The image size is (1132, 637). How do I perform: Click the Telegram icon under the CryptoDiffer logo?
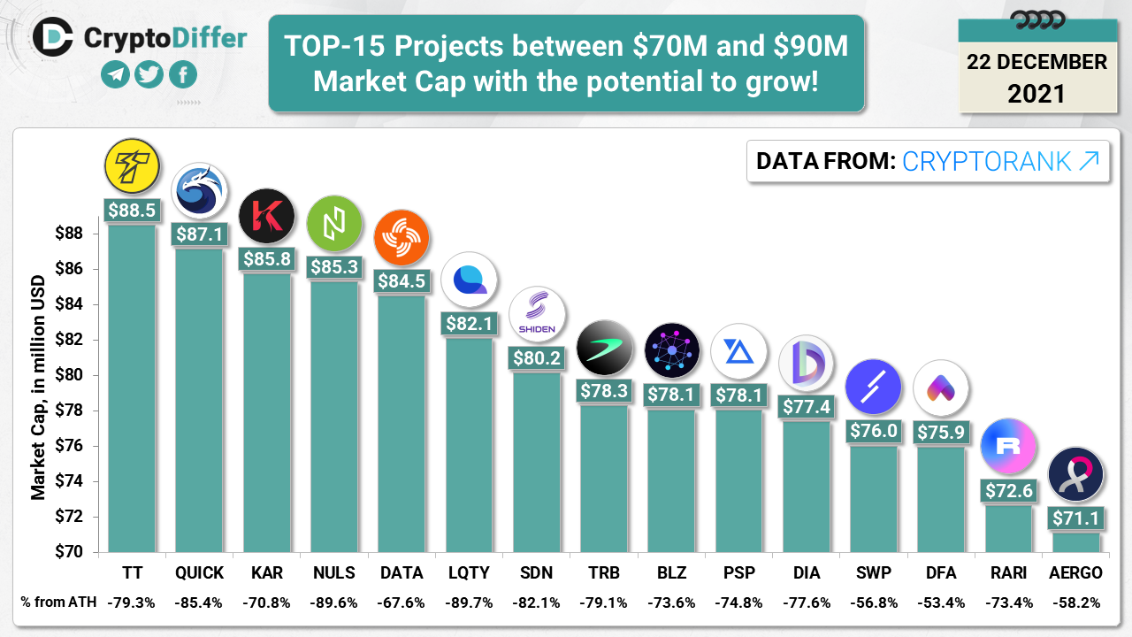click(x=115, y=74)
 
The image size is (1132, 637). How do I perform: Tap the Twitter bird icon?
click(x=149, y=74)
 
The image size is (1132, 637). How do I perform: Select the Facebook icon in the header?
click(x=182, y=74)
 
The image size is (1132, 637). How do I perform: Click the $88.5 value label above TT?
click(x=132, y=210)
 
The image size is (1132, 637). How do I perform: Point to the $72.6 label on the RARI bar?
click(x=1008, y=489)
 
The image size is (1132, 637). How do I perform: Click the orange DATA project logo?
click(x=402, y=238)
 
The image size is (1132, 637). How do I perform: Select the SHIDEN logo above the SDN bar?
click(x=537, y=315)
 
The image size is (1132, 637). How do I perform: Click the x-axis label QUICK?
click(x=200, y=572)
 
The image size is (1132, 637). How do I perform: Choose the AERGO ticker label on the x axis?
click(x=1076, y=572)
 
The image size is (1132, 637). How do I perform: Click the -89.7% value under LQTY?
click(x=469, y=602)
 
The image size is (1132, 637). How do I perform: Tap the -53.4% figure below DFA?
click(x=941, y=602)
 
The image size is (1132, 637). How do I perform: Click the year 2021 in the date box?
click(x=1036, y=94)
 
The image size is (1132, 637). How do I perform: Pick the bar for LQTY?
click(x=469, y=442)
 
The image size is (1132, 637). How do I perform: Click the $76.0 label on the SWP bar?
click(x=874, y=431)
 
